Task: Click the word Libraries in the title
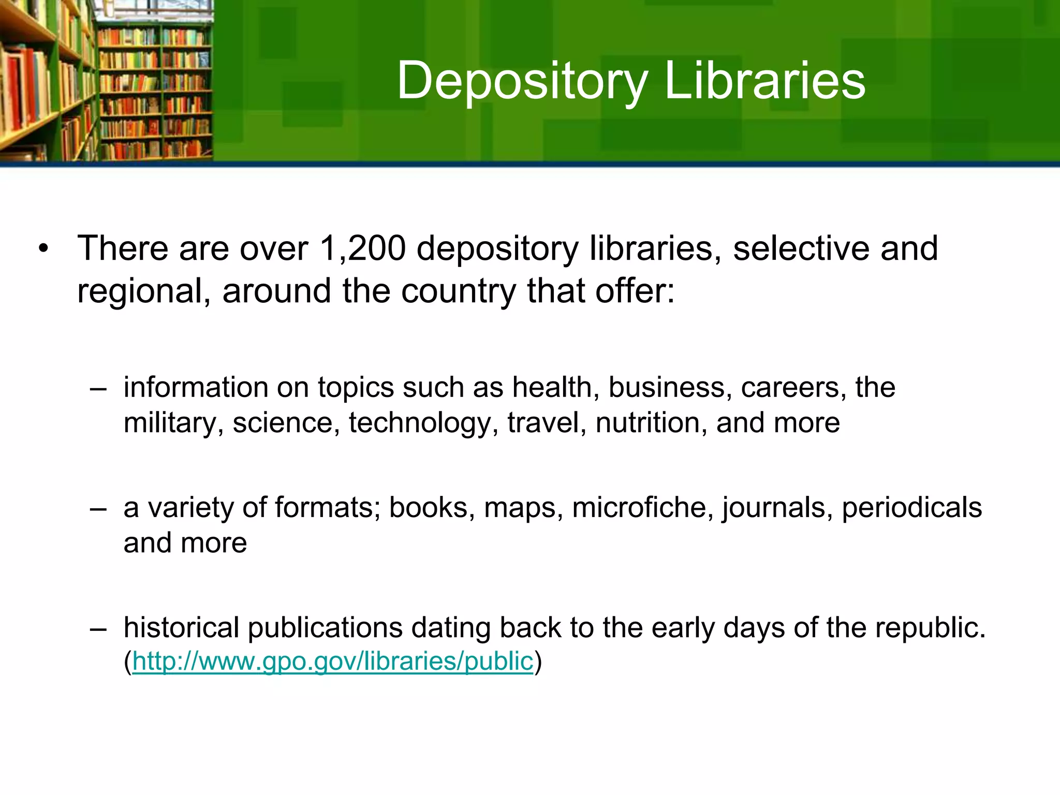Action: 764,80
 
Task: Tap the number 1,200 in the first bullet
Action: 362,248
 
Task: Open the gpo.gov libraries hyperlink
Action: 332,661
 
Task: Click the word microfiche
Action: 639,507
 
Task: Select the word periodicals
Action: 911,507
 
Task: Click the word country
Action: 458,291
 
